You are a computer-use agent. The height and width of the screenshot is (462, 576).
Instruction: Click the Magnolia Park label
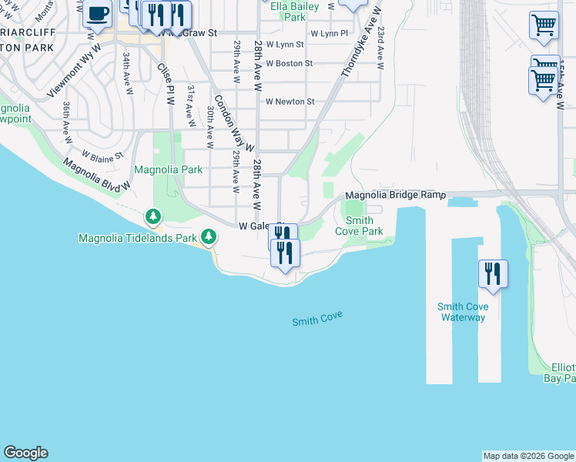click(168, 169)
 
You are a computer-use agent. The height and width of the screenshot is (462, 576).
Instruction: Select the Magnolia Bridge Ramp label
click(395, 196)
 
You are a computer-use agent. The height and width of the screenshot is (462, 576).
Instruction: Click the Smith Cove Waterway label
click(464, 312)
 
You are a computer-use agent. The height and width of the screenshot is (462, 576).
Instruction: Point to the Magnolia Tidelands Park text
click(138, 238)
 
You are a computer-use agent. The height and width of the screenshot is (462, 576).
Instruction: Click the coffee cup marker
click(97, 14)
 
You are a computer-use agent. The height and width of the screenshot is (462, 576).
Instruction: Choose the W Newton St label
click(290, 102)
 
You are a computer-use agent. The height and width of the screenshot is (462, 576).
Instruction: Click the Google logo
click(25, 453)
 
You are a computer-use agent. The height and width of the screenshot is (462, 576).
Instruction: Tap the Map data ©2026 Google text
click(528, 456)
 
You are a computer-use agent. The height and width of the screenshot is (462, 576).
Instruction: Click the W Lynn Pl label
click(329, 34)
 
